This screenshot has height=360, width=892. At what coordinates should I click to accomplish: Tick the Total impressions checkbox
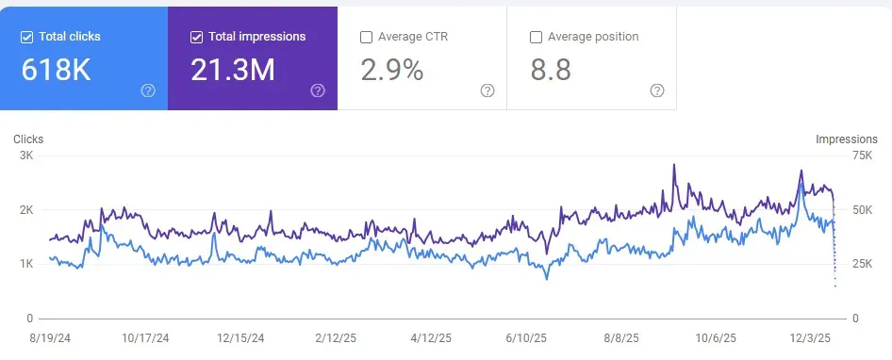pyautogui.click(x=196, y=37)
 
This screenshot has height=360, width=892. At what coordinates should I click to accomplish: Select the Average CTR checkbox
pyautogui.click(x=366, y=38)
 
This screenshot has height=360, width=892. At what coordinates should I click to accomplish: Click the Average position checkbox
pyautogui.click(x=536, y=38)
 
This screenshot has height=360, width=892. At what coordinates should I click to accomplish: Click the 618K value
pyautogui.click(x=56, y=69)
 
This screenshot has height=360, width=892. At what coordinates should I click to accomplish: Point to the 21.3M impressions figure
pyautogui.click(x=233, y=69)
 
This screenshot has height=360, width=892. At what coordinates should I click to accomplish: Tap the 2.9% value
pyautogui.click(x=392, y=69)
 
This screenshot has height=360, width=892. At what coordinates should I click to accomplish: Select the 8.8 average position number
pyautogui.click(x=551, y=69)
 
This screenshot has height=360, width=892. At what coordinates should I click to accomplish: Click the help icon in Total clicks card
pyautogui.click(x=148, y=90)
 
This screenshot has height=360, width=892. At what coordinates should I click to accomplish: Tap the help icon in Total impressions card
pyautogui.click(x=318, y=90)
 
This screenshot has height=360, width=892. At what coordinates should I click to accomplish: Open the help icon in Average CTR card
pyautogui.click(x=487, y=90)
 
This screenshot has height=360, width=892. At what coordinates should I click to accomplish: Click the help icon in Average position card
pyautogui.click(x=657, y=90)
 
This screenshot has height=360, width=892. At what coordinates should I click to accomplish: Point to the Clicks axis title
pyautogui.click(x=28, y=139)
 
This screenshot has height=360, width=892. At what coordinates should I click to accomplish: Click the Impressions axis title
pyautogui.click(x=847, y=139)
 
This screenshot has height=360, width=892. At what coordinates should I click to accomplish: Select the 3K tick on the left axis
pyautogui.click(x=26, y=155)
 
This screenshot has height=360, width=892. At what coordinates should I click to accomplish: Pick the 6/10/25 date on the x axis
pyautogui.click(x=526, y=337)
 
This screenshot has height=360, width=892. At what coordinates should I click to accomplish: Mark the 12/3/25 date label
pyautogui.click(x=809, y=337)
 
